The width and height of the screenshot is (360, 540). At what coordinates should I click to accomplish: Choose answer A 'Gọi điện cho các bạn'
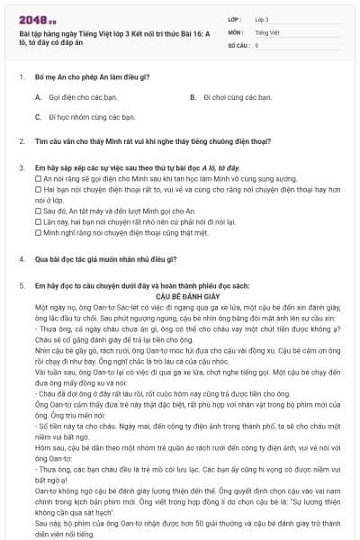[71, 96]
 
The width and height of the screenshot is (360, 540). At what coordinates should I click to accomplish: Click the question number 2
[21, 142]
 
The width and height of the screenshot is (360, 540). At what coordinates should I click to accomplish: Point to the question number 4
[21, 258]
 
